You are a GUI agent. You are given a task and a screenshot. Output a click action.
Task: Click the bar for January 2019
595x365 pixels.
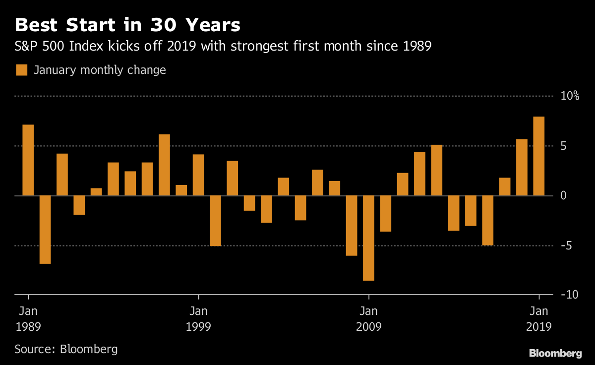click(x=538, y=156)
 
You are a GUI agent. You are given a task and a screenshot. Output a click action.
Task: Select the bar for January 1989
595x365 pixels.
click(x=28, y=160)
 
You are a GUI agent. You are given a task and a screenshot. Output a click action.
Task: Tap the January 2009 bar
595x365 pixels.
click(x=368, y=238)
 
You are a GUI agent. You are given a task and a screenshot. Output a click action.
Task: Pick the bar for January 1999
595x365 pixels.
click(x=198, y=175)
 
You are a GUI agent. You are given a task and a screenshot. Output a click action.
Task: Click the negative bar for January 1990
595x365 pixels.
click(x=45, y=230)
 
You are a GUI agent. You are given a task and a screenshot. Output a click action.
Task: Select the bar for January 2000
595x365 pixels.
click(x=215, y=221)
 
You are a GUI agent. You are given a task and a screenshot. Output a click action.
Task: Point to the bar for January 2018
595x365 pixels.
click(x=522, y=168)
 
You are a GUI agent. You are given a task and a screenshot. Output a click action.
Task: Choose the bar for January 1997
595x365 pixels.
click(x=164, y=165)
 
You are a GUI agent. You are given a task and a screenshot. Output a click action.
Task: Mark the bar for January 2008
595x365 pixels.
click(x=352, y=226)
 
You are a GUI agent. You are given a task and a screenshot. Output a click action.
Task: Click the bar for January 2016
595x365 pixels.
click(x=487, y=221)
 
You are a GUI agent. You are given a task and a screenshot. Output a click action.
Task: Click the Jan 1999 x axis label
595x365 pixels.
click(x=198, y=319)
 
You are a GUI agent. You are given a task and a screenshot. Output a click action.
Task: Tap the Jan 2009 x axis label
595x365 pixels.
click(x=368, y=319)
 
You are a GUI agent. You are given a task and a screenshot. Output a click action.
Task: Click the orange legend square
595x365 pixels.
click(x=21, y=70)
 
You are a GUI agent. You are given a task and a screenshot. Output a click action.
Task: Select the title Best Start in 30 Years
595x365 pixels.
click(x=128, y=25)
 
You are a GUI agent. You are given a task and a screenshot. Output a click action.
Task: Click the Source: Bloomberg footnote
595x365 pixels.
click(x=66, y=349)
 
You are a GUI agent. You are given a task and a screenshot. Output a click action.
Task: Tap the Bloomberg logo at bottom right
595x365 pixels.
click(x=555, y=353)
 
